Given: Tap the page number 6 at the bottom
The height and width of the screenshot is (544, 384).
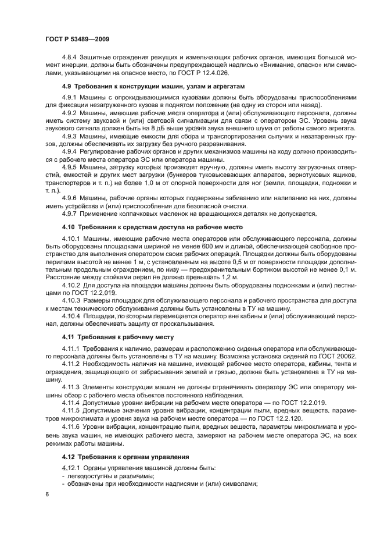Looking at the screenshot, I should click(46, 493).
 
